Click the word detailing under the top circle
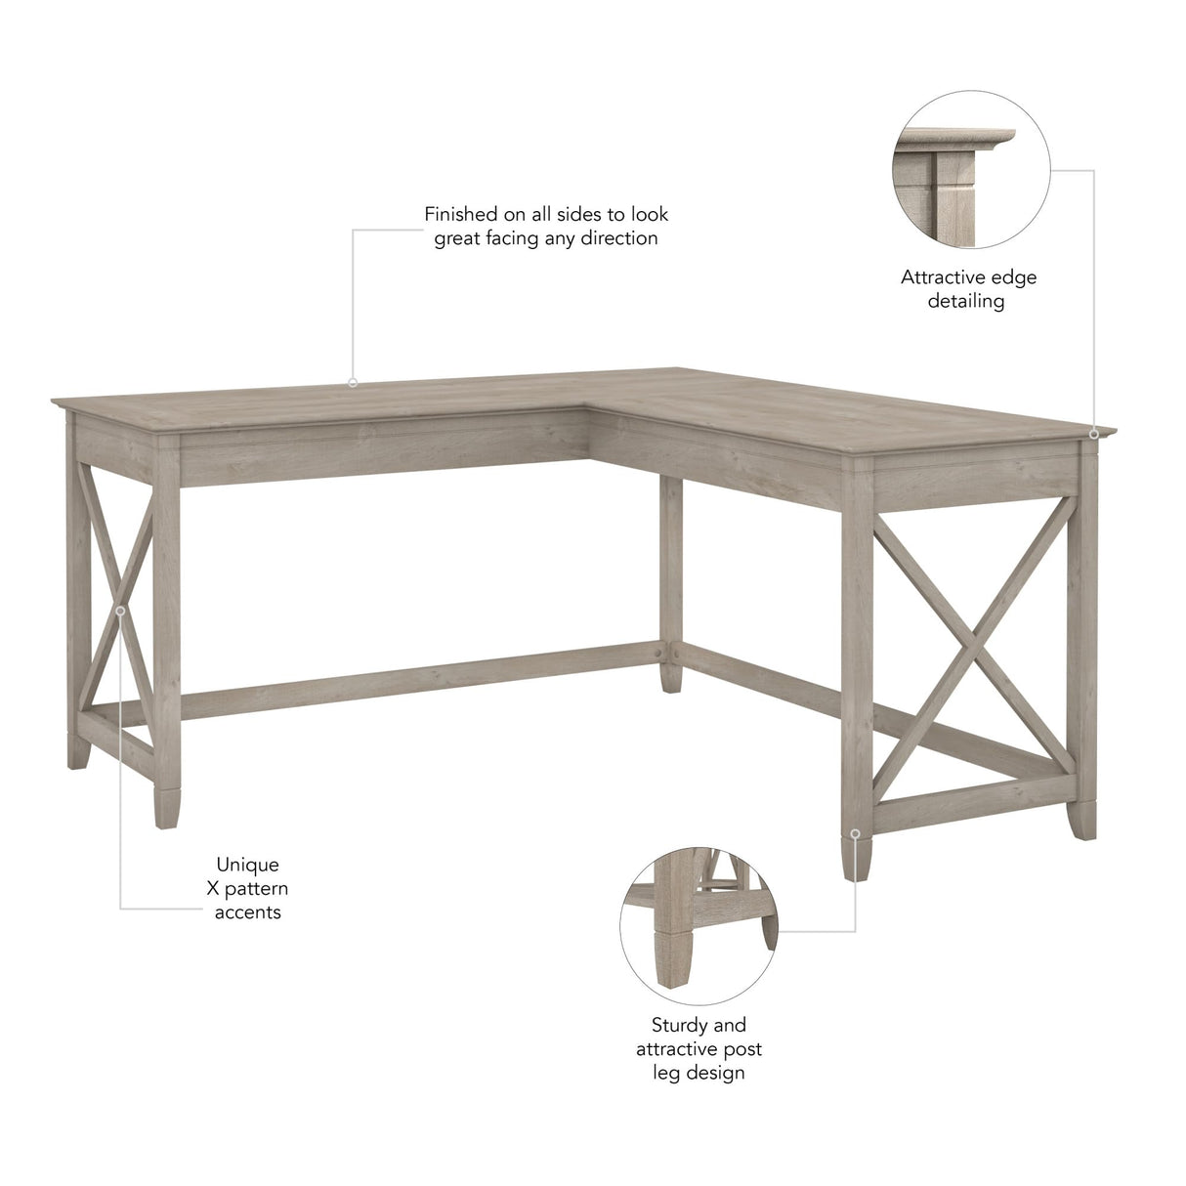coord(966,301)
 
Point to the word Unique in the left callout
coord(247,864)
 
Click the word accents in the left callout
coord(248,912)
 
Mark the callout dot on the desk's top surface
coord(353,383)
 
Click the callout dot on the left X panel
coord(120,610)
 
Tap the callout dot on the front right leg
coord(856,833)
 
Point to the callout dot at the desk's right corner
coord(1094,432)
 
